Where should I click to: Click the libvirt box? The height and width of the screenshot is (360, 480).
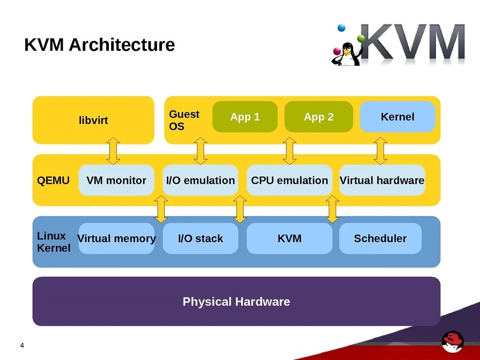93,120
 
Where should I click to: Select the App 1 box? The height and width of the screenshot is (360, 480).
245,117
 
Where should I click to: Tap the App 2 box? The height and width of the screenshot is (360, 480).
318,117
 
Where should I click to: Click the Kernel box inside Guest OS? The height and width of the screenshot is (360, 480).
397,117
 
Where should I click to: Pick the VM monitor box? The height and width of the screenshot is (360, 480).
116,180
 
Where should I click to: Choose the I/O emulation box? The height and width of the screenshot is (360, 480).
200,180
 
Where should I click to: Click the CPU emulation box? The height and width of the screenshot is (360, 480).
289,180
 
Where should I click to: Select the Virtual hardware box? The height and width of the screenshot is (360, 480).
382,180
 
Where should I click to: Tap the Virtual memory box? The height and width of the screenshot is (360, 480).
116,238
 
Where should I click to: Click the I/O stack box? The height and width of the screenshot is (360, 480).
200,238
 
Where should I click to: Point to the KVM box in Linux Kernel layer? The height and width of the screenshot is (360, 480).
289,238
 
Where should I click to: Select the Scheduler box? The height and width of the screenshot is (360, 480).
380,238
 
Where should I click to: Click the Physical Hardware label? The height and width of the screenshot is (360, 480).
236,302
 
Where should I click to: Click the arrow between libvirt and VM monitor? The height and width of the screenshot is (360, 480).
113,151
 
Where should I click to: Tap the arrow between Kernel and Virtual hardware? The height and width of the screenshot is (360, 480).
380,151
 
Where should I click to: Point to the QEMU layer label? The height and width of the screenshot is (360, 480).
53,180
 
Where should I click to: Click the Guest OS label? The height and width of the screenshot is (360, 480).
184,120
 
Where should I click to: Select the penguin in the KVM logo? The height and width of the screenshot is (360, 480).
345,54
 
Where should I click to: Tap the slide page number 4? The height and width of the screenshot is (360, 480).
22,346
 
